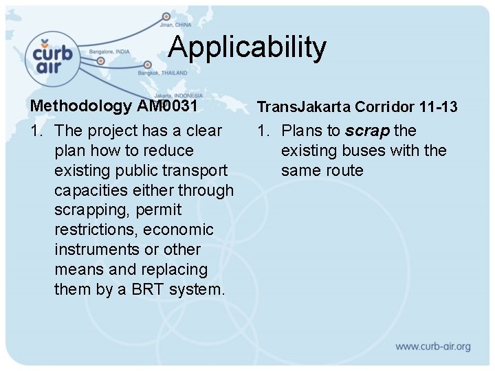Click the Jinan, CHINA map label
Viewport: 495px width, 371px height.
[x=177, y=25]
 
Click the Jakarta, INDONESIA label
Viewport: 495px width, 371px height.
[x=178, y=95]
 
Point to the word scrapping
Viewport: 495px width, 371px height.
[x=93, y=210]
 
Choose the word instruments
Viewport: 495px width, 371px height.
[x=100, y=249]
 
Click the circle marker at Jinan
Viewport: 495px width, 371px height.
[x=166, y=16]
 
